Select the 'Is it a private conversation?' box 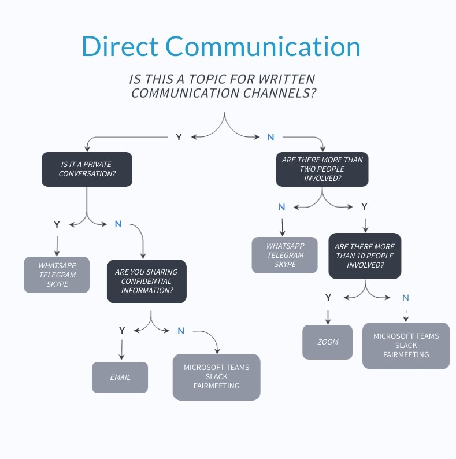87,169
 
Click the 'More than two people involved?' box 322,169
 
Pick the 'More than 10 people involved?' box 365,256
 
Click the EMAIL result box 120,377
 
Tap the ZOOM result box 328,342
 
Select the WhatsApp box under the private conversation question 57,275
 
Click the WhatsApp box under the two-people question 284,255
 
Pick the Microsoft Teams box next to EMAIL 217,377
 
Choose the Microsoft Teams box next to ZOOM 406,345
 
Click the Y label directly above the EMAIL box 122,331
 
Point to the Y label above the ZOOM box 328,297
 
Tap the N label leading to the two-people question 270,137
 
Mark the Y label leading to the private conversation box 179,137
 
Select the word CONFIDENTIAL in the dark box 146,281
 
